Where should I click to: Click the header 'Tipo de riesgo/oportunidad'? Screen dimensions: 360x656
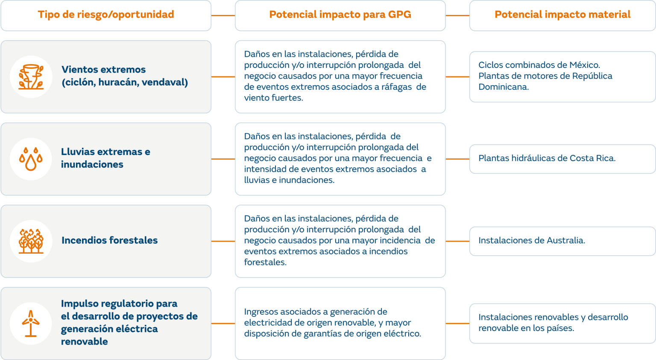[106, 15]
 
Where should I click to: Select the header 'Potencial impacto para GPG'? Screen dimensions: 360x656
[340, 15]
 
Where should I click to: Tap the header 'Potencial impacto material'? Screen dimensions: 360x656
[562, 15]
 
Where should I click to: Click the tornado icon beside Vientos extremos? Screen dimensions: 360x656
[31, 77]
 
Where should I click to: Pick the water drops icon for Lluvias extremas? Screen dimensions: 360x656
[31, 159]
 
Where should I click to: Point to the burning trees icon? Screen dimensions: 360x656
[31, 241]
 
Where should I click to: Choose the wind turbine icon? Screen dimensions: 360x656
[31, 323]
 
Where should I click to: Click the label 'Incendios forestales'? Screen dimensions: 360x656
[109, 240]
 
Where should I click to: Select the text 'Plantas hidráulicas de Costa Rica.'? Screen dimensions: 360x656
[547, 158]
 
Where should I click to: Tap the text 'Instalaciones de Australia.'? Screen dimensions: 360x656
[531, 240]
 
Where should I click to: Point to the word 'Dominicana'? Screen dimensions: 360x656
[503, 87]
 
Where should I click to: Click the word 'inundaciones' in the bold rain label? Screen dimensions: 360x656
[92, 164]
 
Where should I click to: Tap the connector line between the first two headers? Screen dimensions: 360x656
[223, 16]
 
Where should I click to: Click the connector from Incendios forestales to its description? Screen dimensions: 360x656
[223, 241]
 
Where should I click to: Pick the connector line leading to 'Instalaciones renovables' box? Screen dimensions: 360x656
[457, 324]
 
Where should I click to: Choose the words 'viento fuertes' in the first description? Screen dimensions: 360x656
[273, 98]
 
